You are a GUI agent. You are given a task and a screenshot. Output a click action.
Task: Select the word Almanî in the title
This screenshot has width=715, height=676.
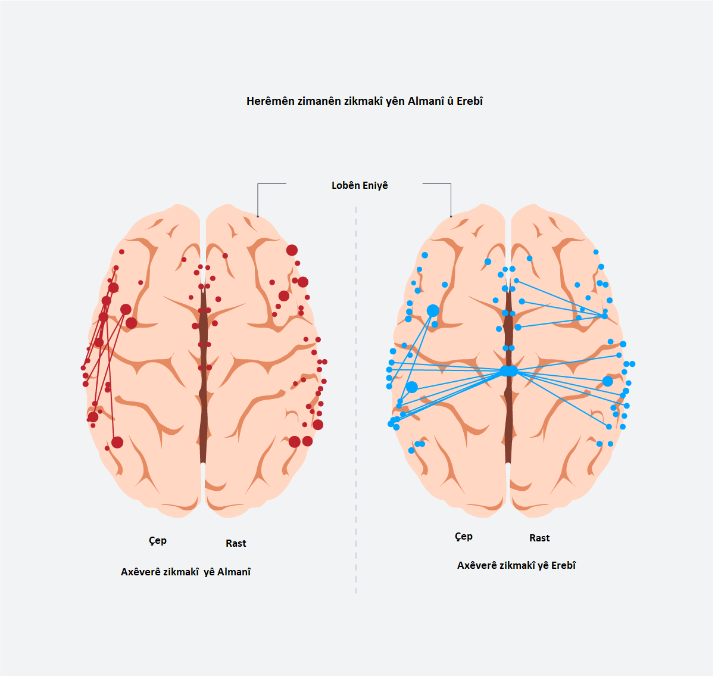point(426,101)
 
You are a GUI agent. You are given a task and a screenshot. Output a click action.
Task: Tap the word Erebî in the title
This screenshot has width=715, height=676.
point(470,101)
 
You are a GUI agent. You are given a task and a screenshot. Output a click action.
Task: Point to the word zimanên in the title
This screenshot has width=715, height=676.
point(319,101)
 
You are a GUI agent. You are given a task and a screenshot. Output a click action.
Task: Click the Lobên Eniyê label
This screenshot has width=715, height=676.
point(360,186)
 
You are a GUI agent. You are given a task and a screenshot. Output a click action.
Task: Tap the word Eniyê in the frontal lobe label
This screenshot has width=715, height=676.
point(375,186)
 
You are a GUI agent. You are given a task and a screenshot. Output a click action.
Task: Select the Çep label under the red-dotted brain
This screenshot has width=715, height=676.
point(158,541)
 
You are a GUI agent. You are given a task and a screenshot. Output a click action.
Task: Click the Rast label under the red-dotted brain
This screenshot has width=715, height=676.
point(236,543)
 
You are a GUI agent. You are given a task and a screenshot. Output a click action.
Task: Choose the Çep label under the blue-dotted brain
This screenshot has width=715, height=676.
point(464,537)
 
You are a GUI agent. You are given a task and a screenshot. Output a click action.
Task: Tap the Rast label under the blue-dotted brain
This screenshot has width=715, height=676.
point(539,538)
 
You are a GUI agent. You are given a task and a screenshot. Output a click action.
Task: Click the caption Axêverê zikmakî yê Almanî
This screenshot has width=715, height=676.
point(186,572)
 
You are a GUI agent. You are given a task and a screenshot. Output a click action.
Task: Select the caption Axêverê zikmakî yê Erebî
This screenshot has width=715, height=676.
point(516,566)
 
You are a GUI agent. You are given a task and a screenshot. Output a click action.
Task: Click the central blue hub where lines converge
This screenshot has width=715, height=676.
point(508,371)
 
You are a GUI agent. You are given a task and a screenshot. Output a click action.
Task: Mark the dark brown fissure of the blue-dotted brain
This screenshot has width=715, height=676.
point(508,417)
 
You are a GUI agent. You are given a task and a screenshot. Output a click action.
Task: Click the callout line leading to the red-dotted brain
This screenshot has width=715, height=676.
point(258,200)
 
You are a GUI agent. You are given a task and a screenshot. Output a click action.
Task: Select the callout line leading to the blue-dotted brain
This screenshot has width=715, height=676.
point(451,200)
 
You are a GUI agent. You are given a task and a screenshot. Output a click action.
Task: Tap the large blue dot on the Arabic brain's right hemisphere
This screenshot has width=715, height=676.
point(607,381)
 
